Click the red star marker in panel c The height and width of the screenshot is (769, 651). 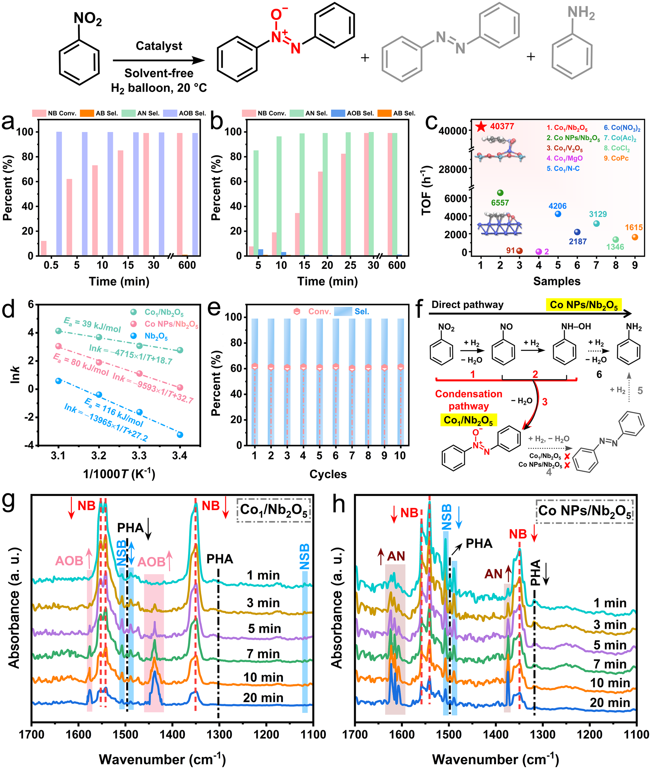480,127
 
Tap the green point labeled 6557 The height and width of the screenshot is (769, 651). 500,193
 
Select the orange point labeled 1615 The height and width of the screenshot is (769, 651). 635,237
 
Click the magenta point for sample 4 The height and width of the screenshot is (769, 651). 538,252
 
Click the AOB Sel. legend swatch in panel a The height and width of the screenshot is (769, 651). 170,113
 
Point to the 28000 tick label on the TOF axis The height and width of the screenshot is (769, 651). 452,169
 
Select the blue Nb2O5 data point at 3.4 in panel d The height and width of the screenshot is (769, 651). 180,435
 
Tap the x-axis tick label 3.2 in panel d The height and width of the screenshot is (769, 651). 99,456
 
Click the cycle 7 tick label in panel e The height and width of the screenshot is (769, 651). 352,456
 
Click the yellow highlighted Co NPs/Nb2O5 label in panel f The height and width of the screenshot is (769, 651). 584,305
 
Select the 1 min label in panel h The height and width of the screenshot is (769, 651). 610,603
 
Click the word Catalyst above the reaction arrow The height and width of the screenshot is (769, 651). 159,46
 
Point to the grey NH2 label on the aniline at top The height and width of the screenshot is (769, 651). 581,13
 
